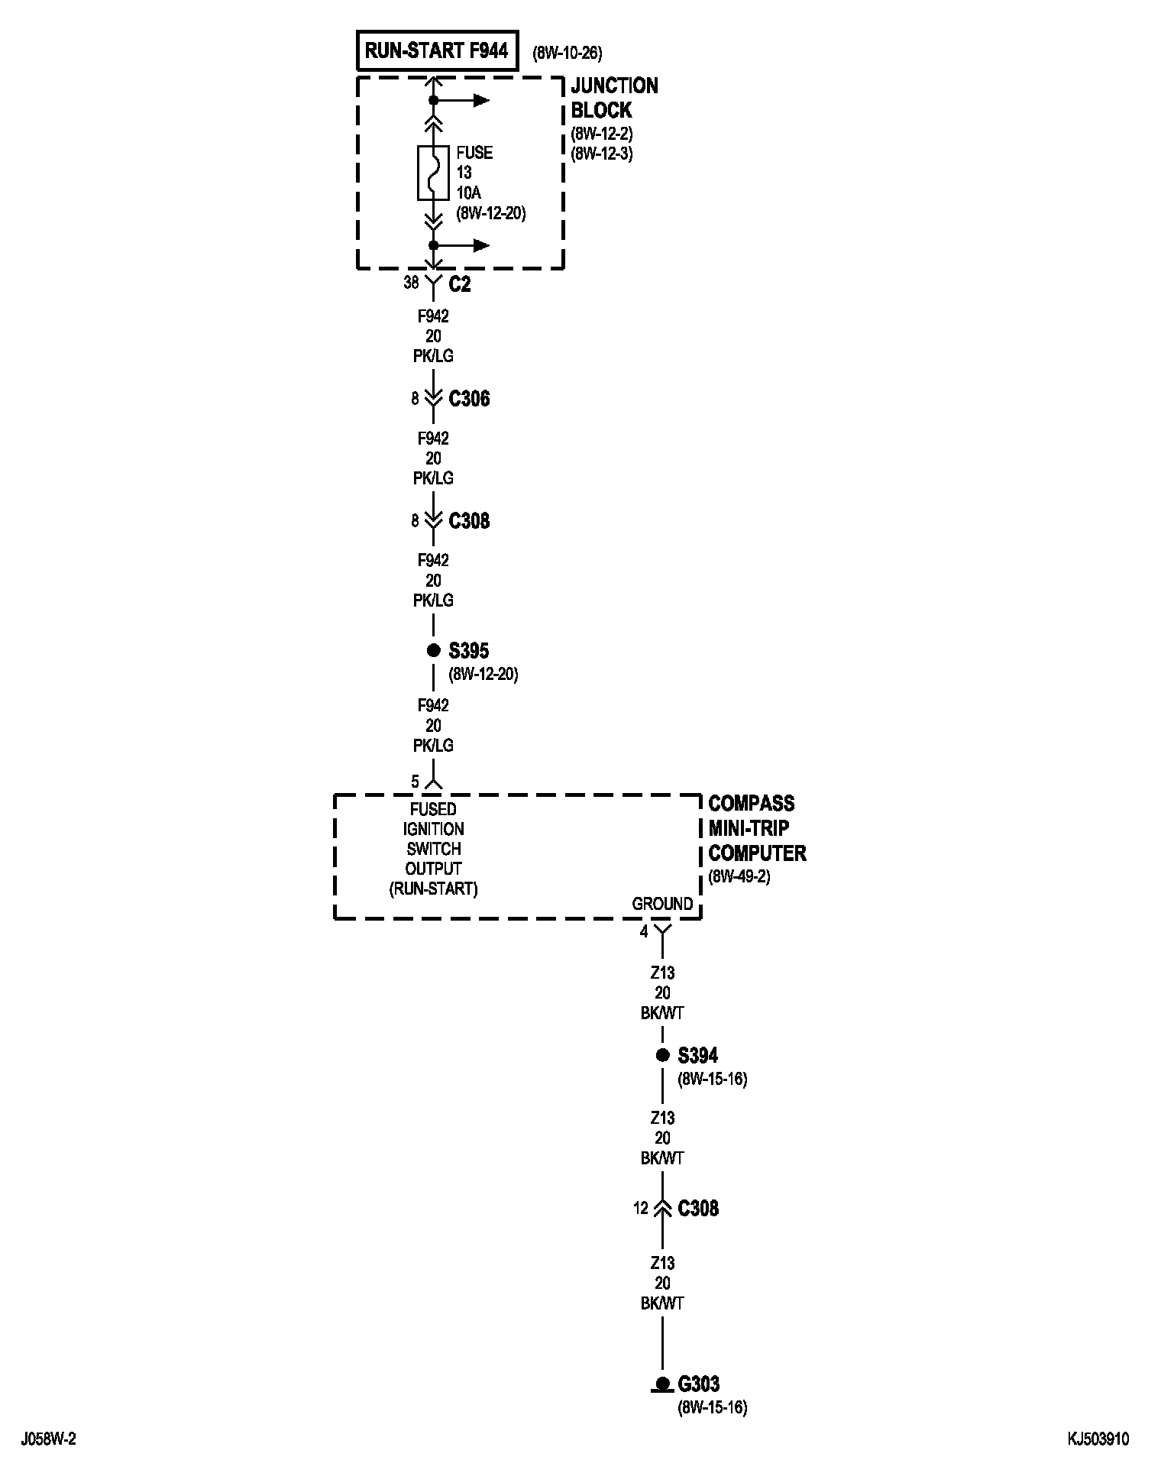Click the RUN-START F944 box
(x=437, y=51)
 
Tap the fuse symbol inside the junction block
(x=433, y=173)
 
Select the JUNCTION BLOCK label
(x=613, y=97)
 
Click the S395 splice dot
(x=434, y=650)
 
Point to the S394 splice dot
(x=662, y=1055)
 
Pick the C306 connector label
(x=469, y=399)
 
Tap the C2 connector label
(x=459, y=284)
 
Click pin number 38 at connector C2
(x=411, y=283)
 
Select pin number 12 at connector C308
(x=640, y=1208)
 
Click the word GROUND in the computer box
(x=661, y=904)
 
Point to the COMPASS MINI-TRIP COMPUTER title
(x=756, y=828)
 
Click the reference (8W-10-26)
(x=567, y=53)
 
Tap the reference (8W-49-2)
(x=739, y=876)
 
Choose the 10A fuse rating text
(x=468, y=193)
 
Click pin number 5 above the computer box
(x=415, y=782)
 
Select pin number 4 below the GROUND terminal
(x=644, y=931)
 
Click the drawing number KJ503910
(x=1098, y=1439)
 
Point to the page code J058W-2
(x=50, y=1439)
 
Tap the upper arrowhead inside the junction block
(x=480, y=100)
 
